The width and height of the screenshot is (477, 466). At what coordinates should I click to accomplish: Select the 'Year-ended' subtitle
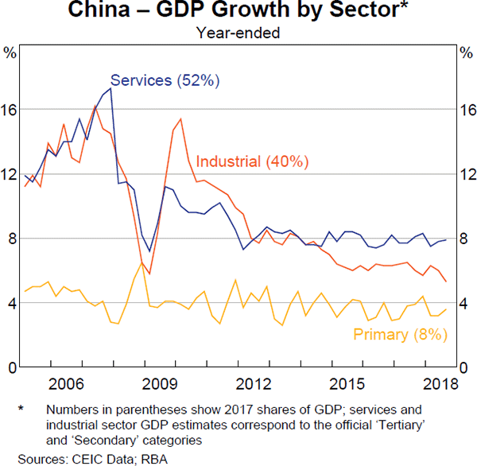click(x=238, y=32)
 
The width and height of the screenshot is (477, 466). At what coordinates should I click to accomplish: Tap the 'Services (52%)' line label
click(x=165, y=80)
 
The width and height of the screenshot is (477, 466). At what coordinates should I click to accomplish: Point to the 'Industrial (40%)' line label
click(x=251, y=161)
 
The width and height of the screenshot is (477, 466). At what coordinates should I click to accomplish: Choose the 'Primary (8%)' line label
click(x=397, y=335)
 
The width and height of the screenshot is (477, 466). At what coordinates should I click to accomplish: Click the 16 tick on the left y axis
click(x=10, y=110)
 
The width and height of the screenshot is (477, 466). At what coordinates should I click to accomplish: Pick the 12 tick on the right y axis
click(x=467, y=174)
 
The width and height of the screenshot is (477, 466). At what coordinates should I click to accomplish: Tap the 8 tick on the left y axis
click(x=10, y=239)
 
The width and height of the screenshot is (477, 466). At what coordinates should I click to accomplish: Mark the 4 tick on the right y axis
click(x=467, y=303)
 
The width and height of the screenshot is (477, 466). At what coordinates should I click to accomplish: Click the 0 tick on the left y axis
click(x=10, y=367)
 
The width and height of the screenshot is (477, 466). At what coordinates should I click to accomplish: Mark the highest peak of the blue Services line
click(x=110, y=88)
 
